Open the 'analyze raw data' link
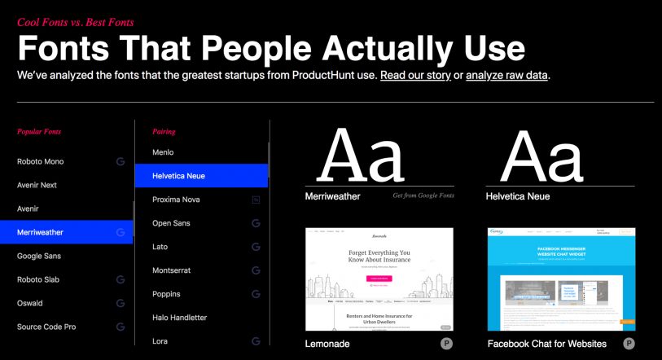click(507, 76)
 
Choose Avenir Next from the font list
click(37, 185)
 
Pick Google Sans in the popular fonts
click(39, 256)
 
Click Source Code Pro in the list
click(46, 327)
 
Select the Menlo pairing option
click(163, 152)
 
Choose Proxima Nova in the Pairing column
click(176, 200)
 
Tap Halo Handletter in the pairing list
click(179, 318)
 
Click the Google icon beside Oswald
click(121, 303)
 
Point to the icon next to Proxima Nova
click(256, 200)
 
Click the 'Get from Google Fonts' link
click(423, 196)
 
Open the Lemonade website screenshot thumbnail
click(379, 279)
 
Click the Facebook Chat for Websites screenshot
click(561, 279)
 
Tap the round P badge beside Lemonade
click(446, 344)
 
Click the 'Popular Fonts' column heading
click(39, 131)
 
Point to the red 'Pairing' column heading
click(164, 131)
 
